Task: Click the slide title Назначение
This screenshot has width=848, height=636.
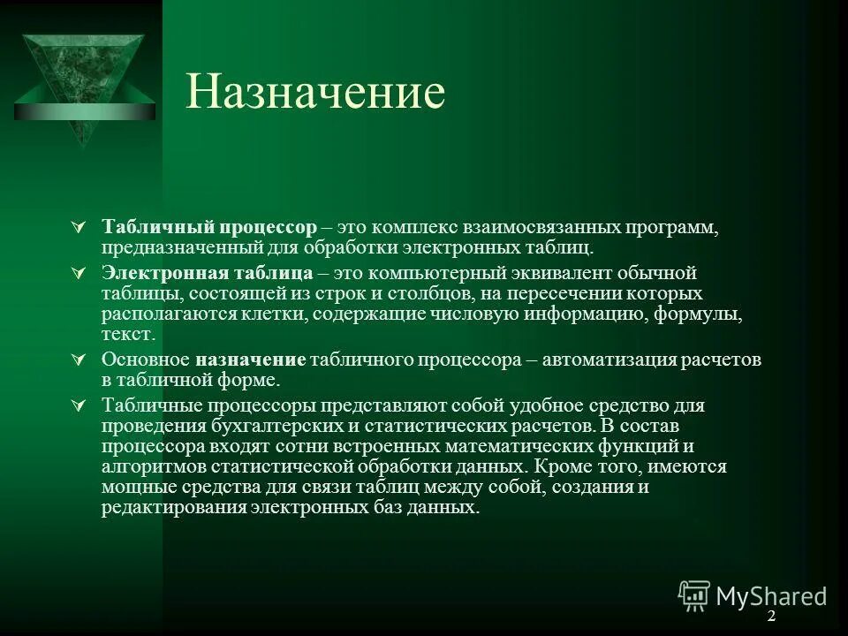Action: tap(315, 94)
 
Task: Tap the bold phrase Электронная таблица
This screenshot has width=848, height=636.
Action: tap(207, 272)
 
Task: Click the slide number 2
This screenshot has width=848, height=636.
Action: tap(770, 616)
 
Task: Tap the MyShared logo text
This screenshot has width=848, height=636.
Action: tap(770, 595)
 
